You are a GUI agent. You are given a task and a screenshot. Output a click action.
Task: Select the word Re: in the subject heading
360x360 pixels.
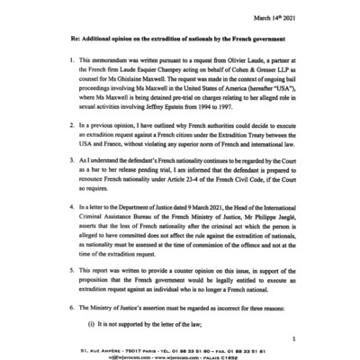(x=64, y=41)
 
